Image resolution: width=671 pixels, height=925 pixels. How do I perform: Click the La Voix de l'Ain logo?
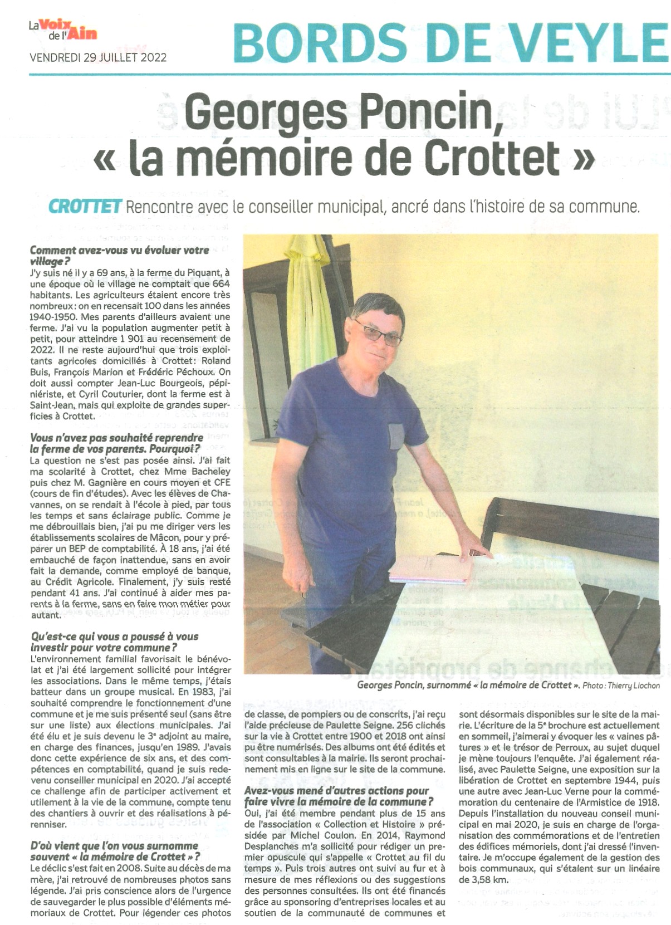click(62, 30)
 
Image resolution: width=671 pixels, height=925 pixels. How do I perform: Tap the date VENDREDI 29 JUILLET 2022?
click(98, 57)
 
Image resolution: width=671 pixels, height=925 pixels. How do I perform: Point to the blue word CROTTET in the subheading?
click(85, 207)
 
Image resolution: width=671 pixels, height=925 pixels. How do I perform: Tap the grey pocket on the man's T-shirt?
click(396, 436)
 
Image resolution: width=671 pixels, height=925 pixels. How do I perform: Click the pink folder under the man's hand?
click(430, 570)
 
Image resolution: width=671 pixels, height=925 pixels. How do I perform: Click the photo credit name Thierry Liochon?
click(633, 686)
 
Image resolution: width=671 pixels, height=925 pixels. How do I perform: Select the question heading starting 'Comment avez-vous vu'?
click(119, 256)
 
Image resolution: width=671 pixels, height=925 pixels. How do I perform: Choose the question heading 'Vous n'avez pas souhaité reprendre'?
click(116, 443)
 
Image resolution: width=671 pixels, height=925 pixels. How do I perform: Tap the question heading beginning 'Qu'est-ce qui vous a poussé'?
click(114, 642)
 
